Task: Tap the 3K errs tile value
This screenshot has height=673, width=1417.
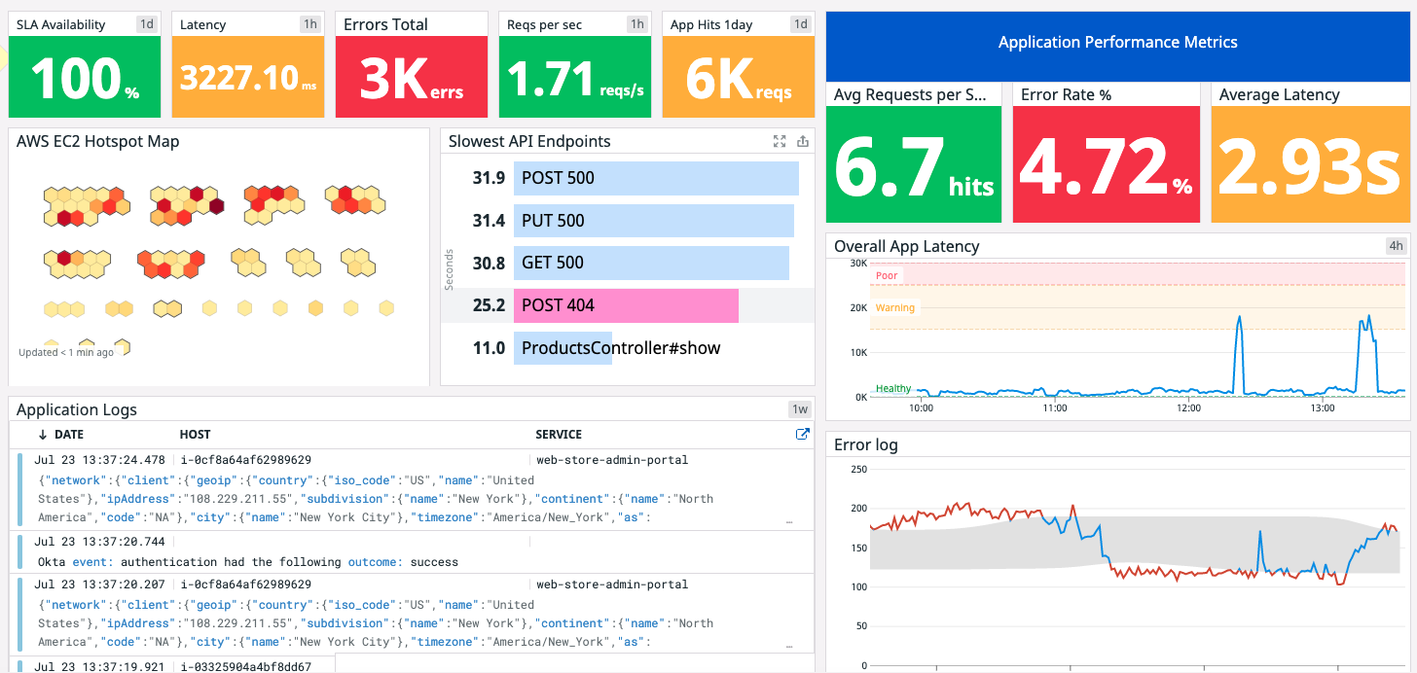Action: tap(411, 79)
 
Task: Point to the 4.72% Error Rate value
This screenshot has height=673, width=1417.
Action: tap(1106, 165)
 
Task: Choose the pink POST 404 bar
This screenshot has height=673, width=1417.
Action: tap(626, 305)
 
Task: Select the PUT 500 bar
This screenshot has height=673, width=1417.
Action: tap(653, 221)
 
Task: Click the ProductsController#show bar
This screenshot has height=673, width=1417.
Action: tap(563, 348)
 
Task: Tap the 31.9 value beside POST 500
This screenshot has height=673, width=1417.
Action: tap(489, 178)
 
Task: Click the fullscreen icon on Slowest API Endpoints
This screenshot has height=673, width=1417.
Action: tap(780, 142)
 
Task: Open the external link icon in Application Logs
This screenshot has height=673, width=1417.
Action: tap(803, 435)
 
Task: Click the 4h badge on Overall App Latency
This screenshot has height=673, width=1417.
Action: tap(1396, 247)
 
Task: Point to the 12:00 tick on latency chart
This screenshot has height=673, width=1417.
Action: tap(1188, 408)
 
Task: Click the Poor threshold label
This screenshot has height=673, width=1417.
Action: tap(887, 276)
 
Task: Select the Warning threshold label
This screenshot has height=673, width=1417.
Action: tap(894, 308)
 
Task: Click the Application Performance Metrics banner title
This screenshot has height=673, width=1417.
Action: tap(1117, 43)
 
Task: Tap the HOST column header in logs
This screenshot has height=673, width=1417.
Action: tap(196, 435)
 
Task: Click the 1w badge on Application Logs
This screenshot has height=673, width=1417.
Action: tap(800, 410)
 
